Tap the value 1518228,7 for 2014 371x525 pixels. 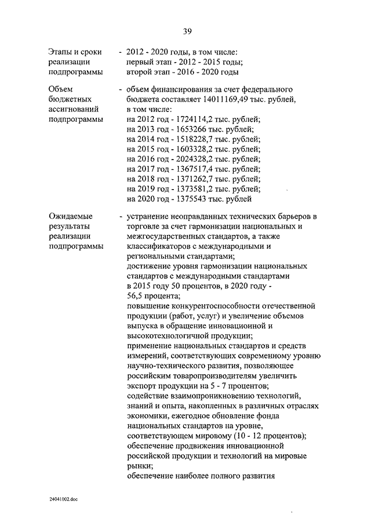click(x=188, y=139)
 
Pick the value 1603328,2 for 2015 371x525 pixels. click(x=188, y=149)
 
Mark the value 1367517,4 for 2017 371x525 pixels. click(x=188, y=169)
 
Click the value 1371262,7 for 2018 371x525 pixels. click(x=188, y=179)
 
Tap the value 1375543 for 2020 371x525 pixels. click(x=185, y=199)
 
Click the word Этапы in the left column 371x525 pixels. click(x=61, y=53)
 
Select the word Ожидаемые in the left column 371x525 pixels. click(x=69, y=216)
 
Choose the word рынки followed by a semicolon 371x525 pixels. click(x=139, y=466)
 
